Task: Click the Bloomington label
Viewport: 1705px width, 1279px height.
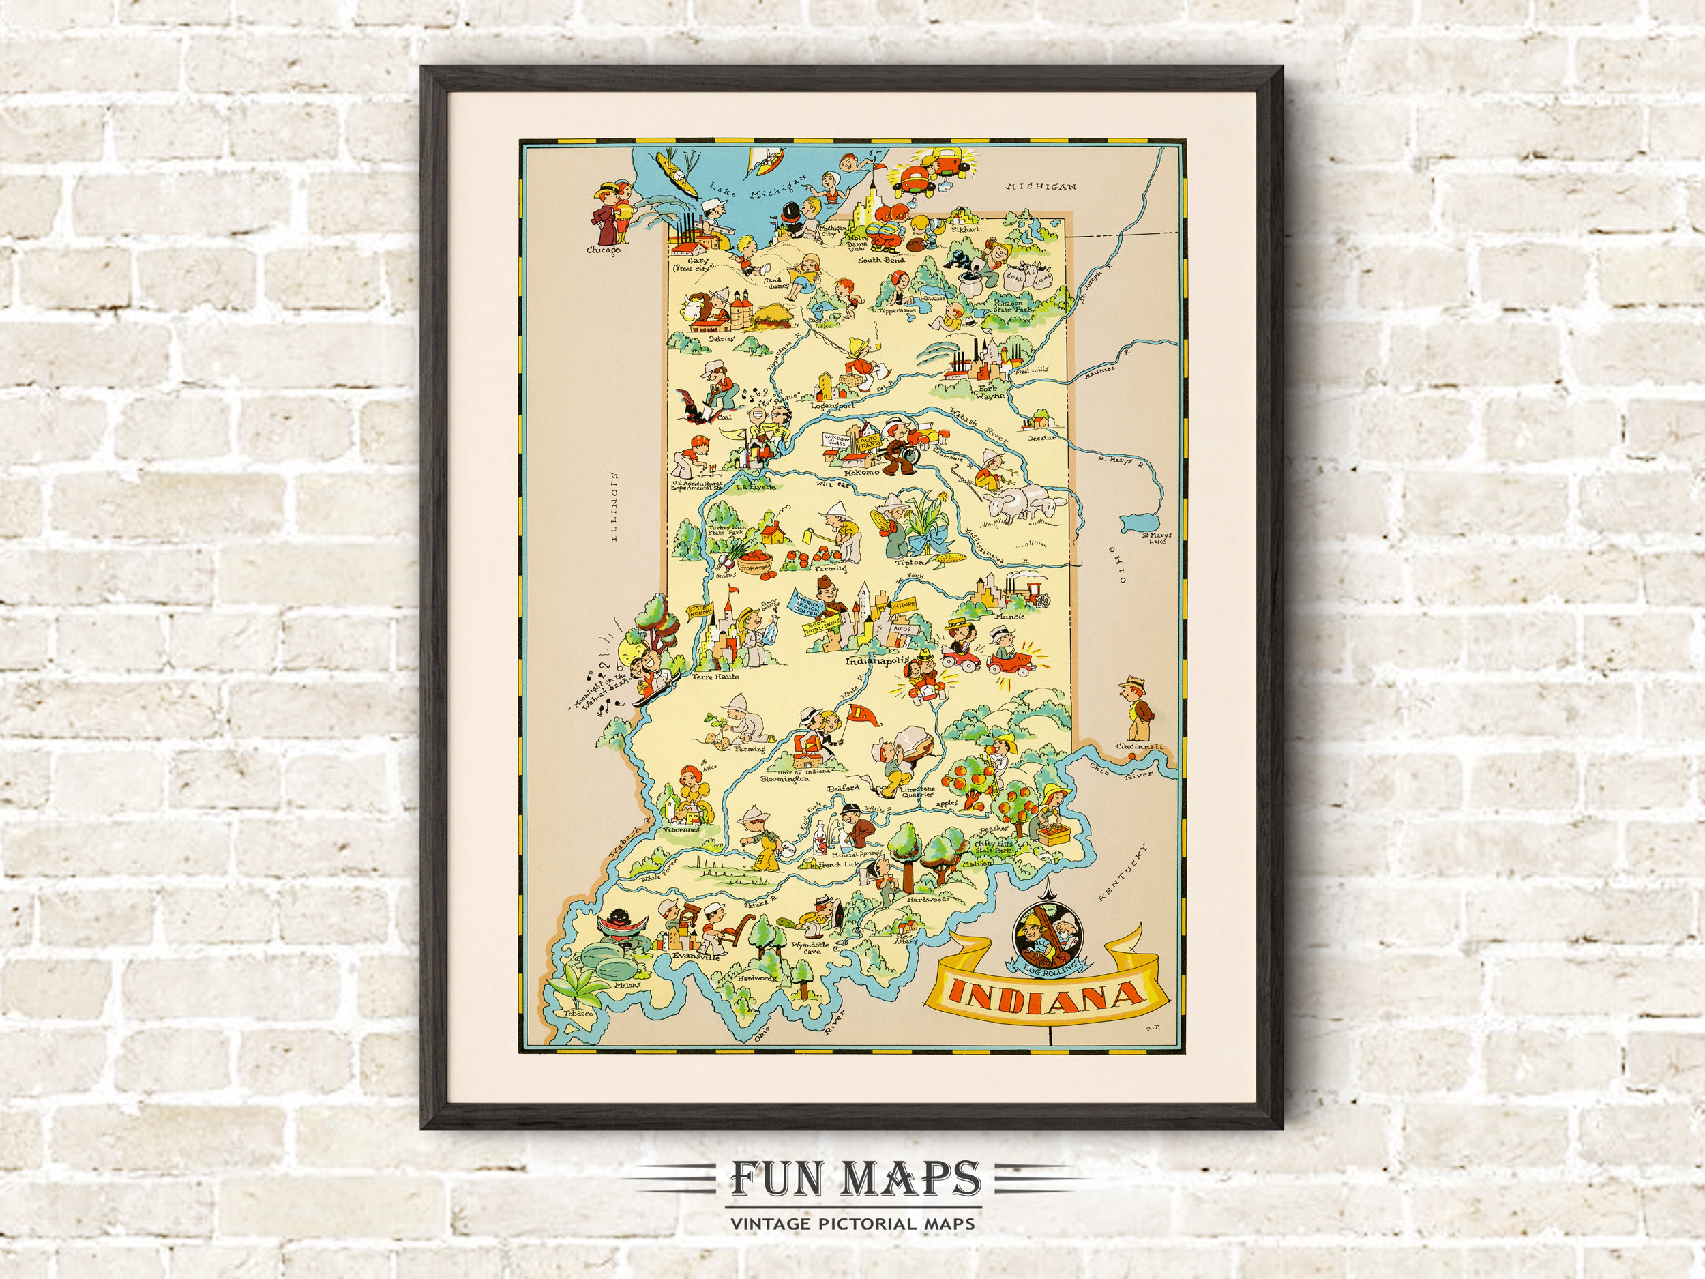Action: coord(786,779)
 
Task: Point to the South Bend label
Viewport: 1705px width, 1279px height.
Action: coord(882,261)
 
